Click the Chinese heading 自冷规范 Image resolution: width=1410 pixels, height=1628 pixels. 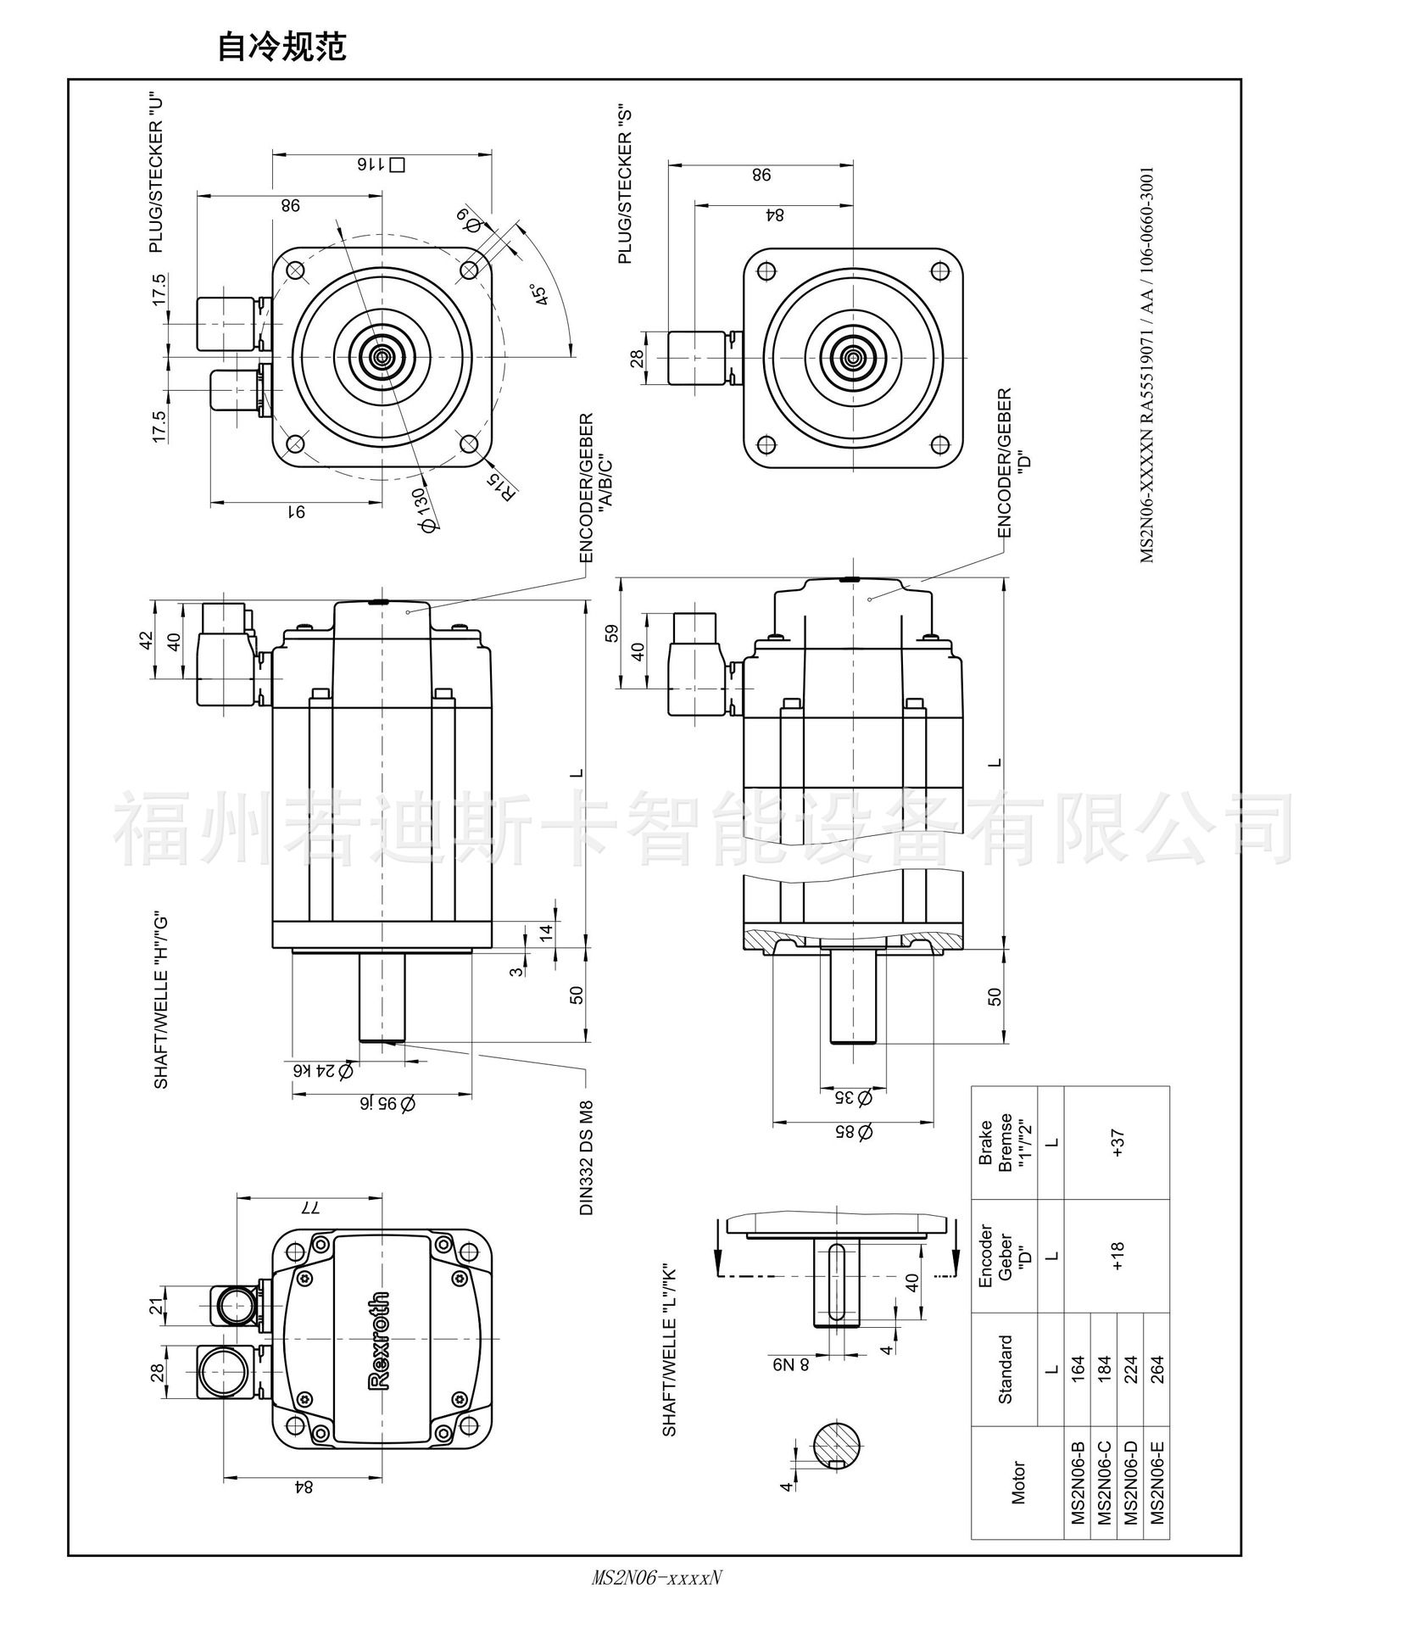point(281,47)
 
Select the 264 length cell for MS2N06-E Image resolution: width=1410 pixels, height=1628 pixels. point(1157,1369)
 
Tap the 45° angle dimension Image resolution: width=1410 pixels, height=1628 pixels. point(538,294)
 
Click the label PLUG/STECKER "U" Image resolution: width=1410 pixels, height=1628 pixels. point(155,173)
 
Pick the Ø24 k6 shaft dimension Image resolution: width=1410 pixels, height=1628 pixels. point(322,1071)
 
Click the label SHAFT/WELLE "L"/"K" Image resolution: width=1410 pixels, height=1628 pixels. point(670,1352)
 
